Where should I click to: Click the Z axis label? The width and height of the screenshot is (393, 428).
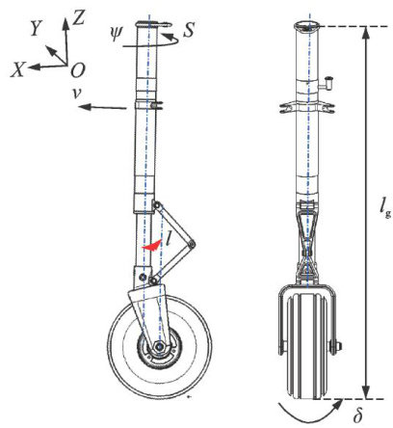(79, 17)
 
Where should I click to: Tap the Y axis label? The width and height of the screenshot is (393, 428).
(38, 29)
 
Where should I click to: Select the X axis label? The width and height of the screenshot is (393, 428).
(17, 69)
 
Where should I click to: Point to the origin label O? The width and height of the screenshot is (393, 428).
(78, 70)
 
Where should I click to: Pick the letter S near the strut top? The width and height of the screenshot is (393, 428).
(189, 30)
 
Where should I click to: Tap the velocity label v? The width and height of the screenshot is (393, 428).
(76, 93)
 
